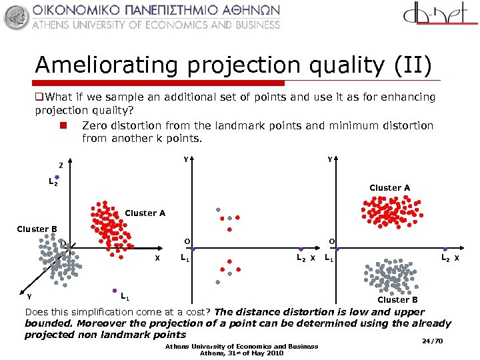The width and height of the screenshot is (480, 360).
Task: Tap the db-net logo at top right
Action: tap(441, 18)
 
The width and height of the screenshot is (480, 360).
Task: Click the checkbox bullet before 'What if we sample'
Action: tap(39, 97)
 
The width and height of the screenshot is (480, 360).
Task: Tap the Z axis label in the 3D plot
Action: tap(61, 165)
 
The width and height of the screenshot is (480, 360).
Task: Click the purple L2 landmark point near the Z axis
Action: tap(57, 177)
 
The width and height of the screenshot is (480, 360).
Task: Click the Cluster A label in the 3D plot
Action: tap(145, 213)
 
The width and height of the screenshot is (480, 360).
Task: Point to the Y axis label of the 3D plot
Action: tap(30, 297)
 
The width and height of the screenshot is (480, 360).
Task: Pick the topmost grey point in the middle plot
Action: tap(218, 210)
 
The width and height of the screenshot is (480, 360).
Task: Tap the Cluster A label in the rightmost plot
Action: tap(389, 188)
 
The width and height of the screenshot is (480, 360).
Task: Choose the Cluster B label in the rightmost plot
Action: tap(397, 299)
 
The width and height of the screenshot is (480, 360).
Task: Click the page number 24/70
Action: tap(433, 341)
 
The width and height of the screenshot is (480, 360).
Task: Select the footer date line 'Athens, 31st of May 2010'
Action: tap(242, 353)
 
